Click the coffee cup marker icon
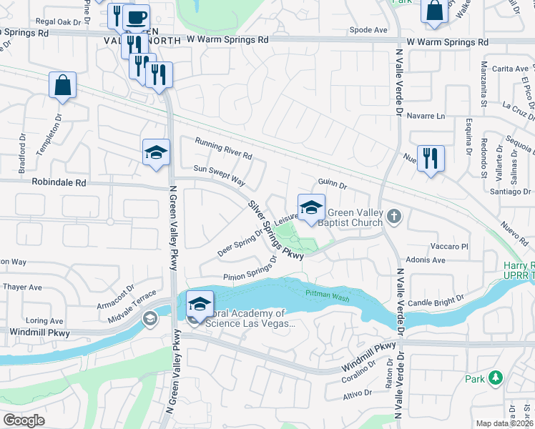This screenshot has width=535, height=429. [136, 17]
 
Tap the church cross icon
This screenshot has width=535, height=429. [393, 215]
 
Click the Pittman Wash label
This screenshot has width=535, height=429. [328, 293]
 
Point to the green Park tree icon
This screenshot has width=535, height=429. [494, 378]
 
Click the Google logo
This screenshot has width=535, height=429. [23, 420]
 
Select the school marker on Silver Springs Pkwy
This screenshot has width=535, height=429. [311, 207]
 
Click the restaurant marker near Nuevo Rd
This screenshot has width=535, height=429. [431, 158]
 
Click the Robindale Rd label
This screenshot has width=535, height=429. [59, 182]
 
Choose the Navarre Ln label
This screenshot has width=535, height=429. [426, 116]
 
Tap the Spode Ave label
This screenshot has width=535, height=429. [368, 30]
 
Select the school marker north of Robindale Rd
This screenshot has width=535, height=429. [156, 152]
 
